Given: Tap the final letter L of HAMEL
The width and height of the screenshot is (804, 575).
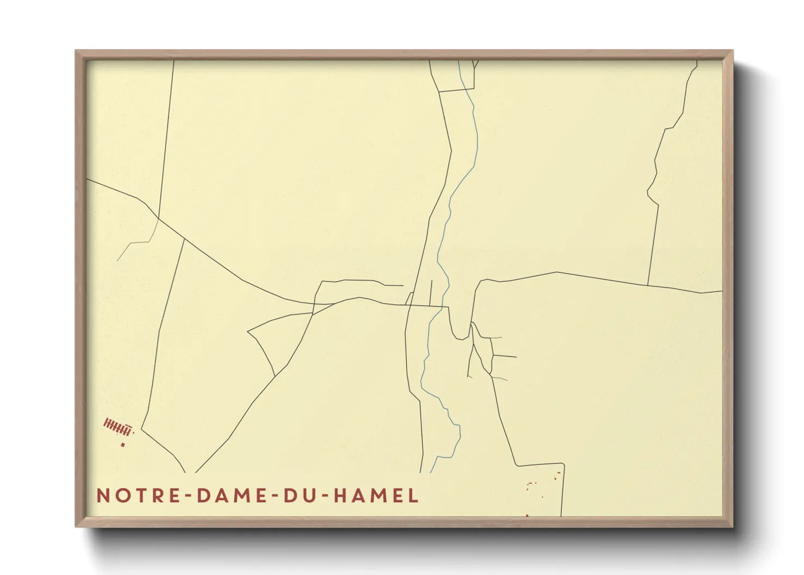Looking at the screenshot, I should [413, 496].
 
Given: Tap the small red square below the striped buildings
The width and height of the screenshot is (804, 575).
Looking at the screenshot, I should [123, 445].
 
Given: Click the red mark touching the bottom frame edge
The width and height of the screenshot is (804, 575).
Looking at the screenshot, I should [527, 515].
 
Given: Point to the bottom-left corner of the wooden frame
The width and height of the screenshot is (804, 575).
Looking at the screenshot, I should [77, 526].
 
